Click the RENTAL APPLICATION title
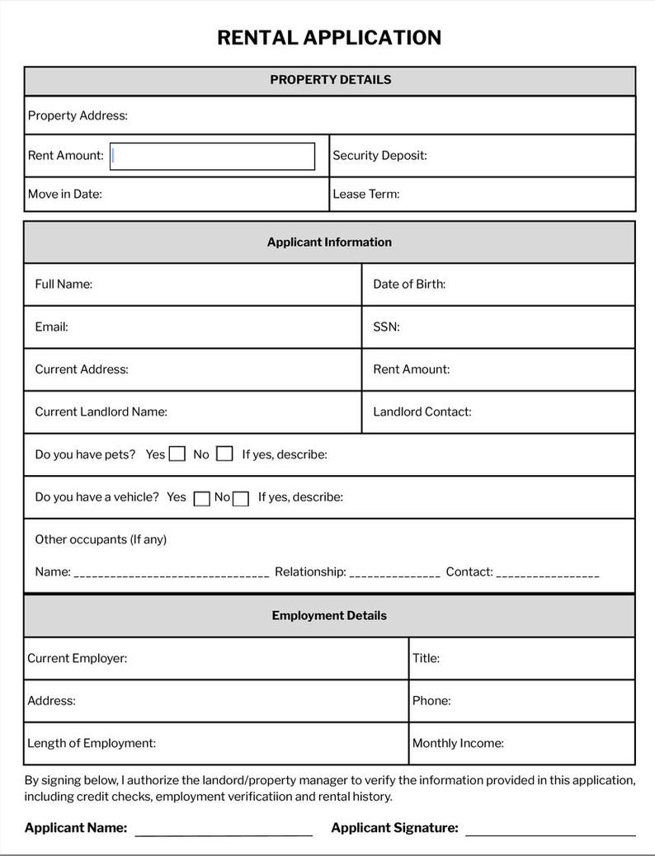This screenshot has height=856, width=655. [x=328, y=38]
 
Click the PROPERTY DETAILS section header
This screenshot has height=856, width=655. [x=330, y=80]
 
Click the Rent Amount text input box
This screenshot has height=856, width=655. [x=212, y=156]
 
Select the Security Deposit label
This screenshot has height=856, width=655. [x=379, y=156]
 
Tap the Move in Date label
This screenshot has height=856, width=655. [x=65, y=195]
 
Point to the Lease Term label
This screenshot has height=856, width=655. [x=365, y=195]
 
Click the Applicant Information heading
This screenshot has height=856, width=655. [x=329, y=242]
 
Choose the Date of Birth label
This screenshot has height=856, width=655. [x=409, y=285]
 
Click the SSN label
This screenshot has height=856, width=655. [x=386, y=327]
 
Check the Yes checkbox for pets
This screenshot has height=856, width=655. [x=177, y=454]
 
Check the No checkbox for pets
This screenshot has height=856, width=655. [x=224, y=454]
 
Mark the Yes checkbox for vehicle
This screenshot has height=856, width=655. [x=201, y=498]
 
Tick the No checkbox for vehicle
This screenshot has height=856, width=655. [x=241, y=498]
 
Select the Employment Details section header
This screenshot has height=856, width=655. [x=329, y=616]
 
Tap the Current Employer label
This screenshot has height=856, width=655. [x=77, y=659]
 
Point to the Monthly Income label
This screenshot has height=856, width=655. [x=458, y=744]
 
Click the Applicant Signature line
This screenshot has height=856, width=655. [x=550, y=831]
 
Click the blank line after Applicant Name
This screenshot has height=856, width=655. [x=224, y=831]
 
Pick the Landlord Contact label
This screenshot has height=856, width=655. [x=422, y=412]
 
